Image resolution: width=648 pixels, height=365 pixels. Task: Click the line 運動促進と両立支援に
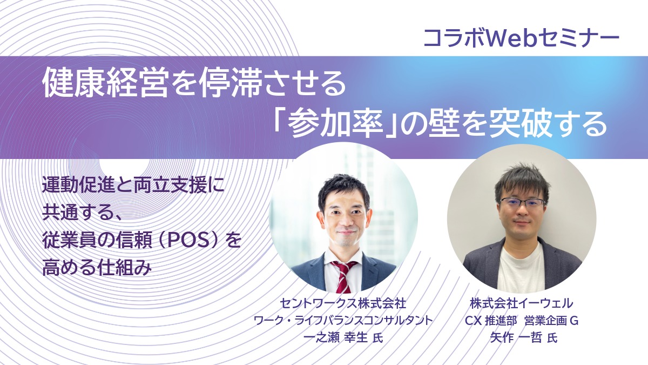tap(132, 186)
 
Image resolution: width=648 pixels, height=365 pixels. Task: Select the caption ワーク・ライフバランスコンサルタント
tap(343, 320)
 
